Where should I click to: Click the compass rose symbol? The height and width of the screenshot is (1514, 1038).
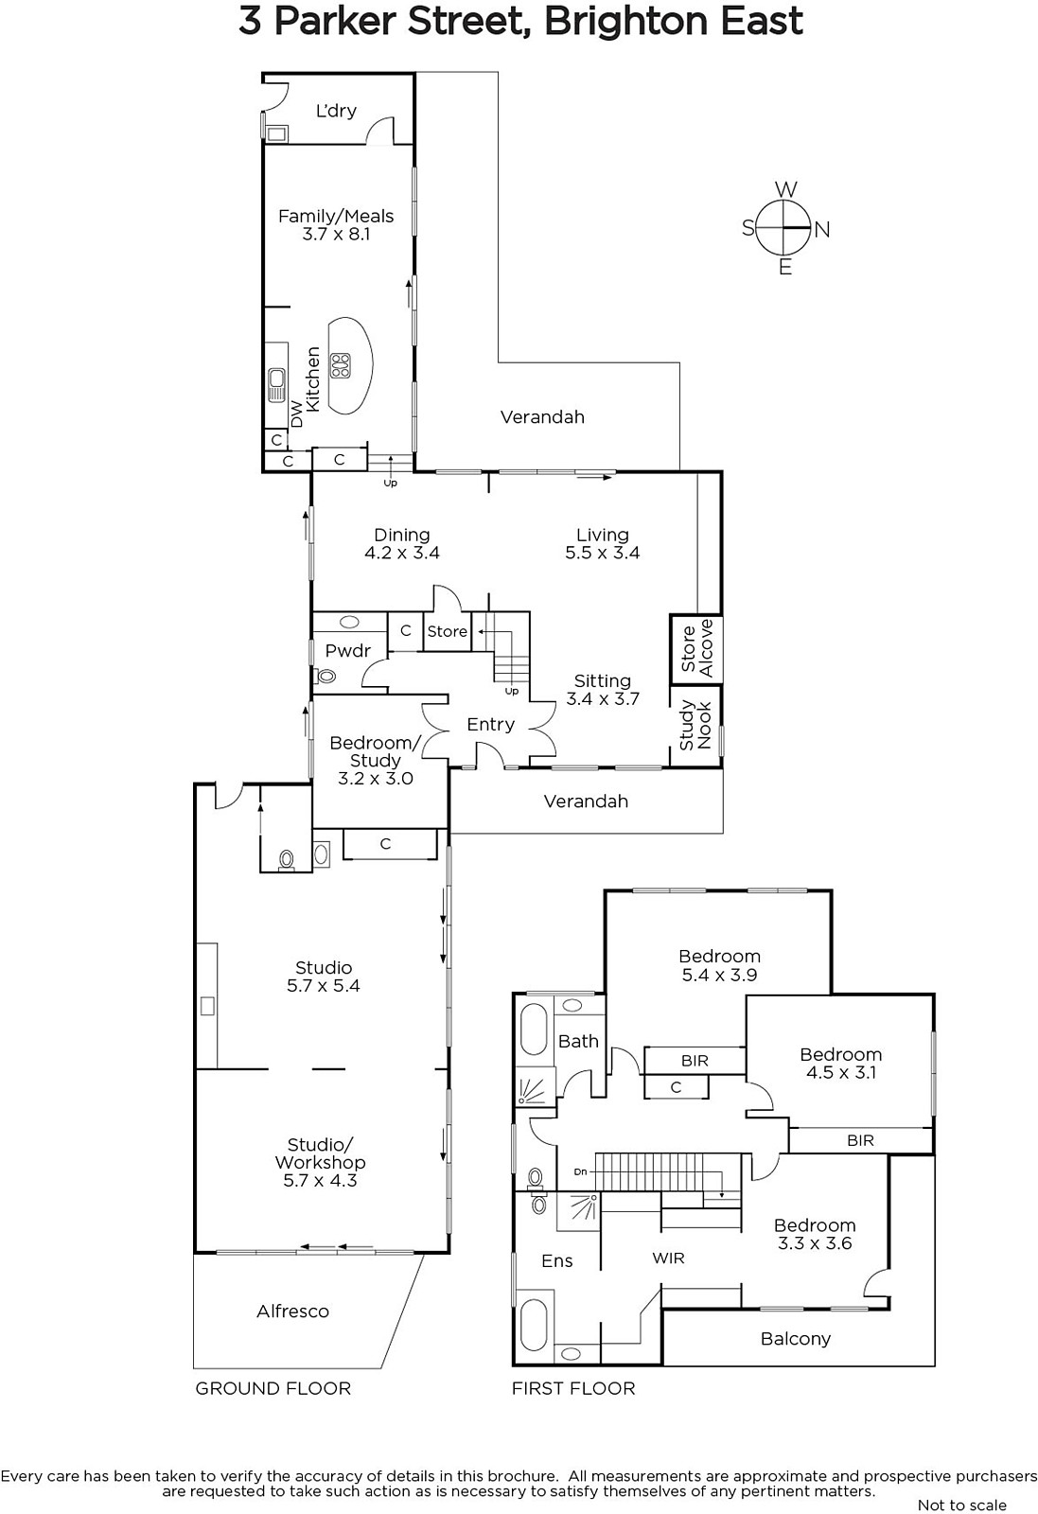783,228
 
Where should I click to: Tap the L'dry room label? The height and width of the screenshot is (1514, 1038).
336,110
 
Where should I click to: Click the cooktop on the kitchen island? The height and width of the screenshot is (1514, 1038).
340,365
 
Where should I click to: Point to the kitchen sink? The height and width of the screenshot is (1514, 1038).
275,384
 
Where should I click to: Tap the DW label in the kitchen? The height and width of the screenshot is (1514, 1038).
296,414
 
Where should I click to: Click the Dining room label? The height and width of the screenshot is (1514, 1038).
402,535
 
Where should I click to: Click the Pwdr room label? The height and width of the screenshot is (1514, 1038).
348,651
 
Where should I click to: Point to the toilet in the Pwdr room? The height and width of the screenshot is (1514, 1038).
325,676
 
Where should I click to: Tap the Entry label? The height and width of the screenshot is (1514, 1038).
491,725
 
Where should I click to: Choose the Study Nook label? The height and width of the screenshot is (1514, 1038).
695,726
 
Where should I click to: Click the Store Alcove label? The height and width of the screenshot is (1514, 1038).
696,648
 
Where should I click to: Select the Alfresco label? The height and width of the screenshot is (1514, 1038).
292,1312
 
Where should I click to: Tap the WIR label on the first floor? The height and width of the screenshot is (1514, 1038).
668,1258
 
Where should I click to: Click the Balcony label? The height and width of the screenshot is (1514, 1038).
796,1339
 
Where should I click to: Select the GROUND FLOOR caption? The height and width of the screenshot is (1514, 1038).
273,1388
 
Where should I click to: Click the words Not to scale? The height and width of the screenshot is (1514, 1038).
962,1505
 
